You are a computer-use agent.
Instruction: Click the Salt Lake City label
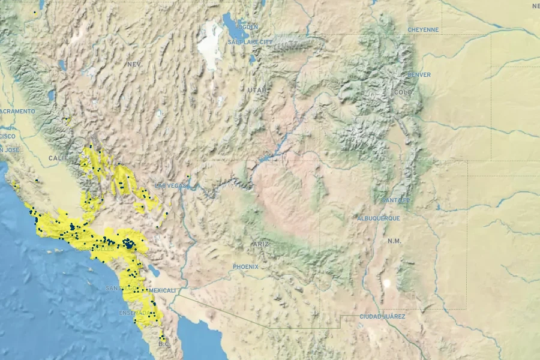(250, 42)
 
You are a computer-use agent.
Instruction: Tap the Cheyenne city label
(423, 30)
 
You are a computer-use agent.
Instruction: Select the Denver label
(419, 75)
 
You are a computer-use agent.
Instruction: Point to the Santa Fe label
(395, 200)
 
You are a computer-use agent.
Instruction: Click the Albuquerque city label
(378, 218)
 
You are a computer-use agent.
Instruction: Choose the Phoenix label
(245, 266)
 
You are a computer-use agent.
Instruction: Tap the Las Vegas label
(171, 186)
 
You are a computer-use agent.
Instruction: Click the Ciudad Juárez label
(382, 316)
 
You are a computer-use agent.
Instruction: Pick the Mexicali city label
(163, 290)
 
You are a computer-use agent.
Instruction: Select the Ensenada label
(135, 313)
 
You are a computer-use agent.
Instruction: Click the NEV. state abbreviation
(133, 64)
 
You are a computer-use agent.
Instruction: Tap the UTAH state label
(256, 90)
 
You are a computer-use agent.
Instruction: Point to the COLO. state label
(404, 92)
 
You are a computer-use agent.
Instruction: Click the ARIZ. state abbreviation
(261, 244)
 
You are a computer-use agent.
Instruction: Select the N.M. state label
(394, 241)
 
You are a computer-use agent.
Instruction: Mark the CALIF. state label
(59, 158)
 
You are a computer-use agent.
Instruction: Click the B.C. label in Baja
(164, 344)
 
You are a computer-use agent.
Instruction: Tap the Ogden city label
(247, 27)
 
